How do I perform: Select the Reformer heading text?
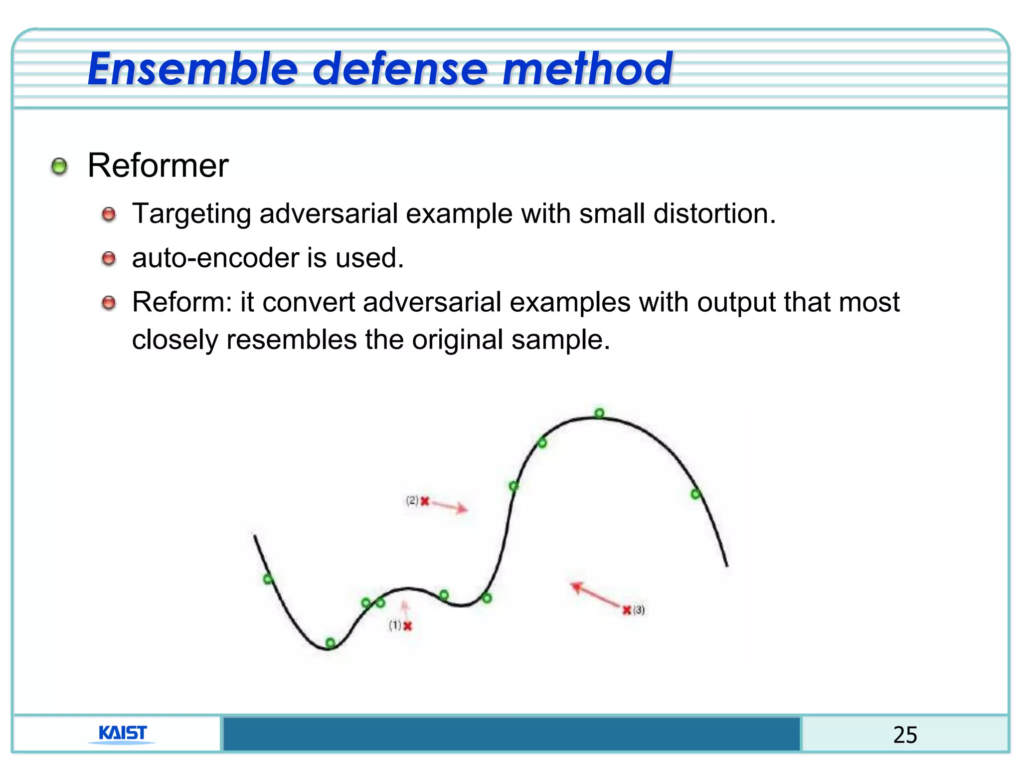pyautogui.click(x=158, y=166)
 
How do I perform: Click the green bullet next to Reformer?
pyautogui.click(x=59, y=166)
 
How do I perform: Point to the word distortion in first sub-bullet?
pyautogui.click(x=714, y=213)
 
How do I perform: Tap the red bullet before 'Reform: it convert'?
pyautogui.click(x=109, y=303)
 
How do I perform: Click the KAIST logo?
pyautogui.click(x=122, y=733)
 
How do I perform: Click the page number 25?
pyautogui.click(x=905, y=735)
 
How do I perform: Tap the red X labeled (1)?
pyautogui.click(x=408, y=626)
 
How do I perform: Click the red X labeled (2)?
pyautogui.click(x=425, y=501)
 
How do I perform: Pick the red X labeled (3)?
pyautogui.click(x=627, y=610)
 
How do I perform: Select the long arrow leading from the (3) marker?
pyautogui.click(x=596, y=595)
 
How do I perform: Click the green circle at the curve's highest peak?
pyautogui.click(x=599, y=413)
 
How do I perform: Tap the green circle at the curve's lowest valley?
pyautogui.click(x=330, y=642)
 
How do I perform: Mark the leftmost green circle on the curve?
pyautogui.click(x=268, y=579)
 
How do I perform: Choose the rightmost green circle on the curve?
pyautogui.click(x=695, y=494)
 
